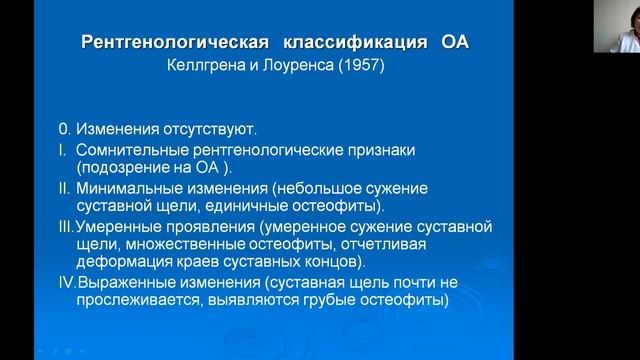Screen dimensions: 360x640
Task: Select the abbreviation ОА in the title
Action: point(452,43)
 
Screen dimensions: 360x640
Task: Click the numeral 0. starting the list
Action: point(63,130)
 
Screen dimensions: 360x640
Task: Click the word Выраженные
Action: point(124,282)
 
